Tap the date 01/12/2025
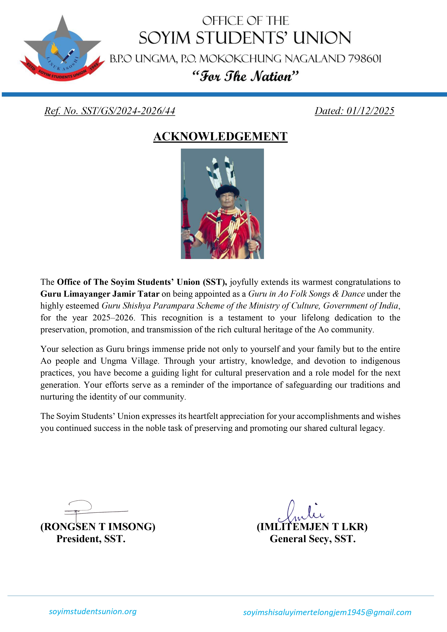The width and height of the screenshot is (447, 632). (370, 111)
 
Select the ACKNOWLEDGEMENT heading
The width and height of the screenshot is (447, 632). (220, 137)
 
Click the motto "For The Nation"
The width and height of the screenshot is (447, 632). (245, 76)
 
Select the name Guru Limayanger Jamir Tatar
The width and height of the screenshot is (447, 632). (100, 294)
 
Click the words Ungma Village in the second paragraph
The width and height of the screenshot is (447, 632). (129, 361)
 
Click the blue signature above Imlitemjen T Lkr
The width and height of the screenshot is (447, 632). (302, 513)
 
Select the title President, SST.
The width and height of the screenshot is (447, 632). (91, 539)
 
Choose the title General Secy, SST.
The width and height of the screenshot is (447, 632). (313, 539)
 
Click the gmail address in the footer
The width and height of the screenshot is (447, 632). (327, 612)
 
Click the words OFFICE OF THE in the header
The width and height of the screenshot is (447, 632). (245, 21)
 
